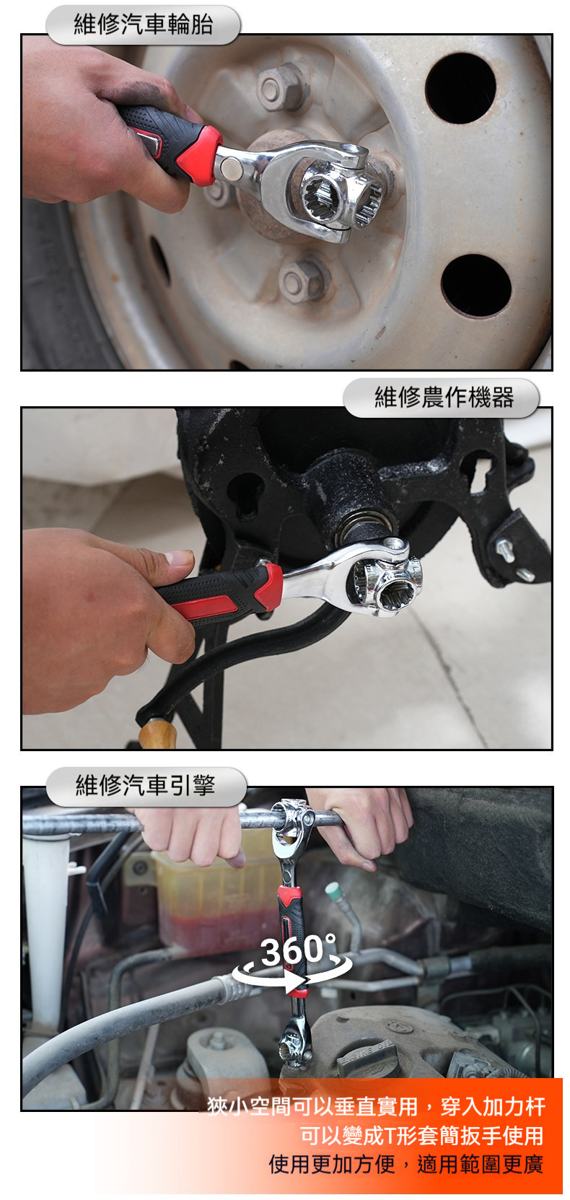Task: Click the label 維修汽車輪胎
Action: pos(143,25)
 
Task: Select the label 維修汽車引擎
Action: pos(145,786)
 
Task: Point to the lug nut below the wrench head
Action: pos(303,279)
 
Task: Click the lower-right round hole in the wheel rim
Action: pos(475,285)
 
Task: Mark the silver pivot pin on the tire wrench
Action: pos(231,168)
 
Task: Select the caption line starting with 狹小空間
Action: pos(375,1105)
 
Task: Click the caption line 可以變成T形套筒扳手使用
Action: pos(421,1135)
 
